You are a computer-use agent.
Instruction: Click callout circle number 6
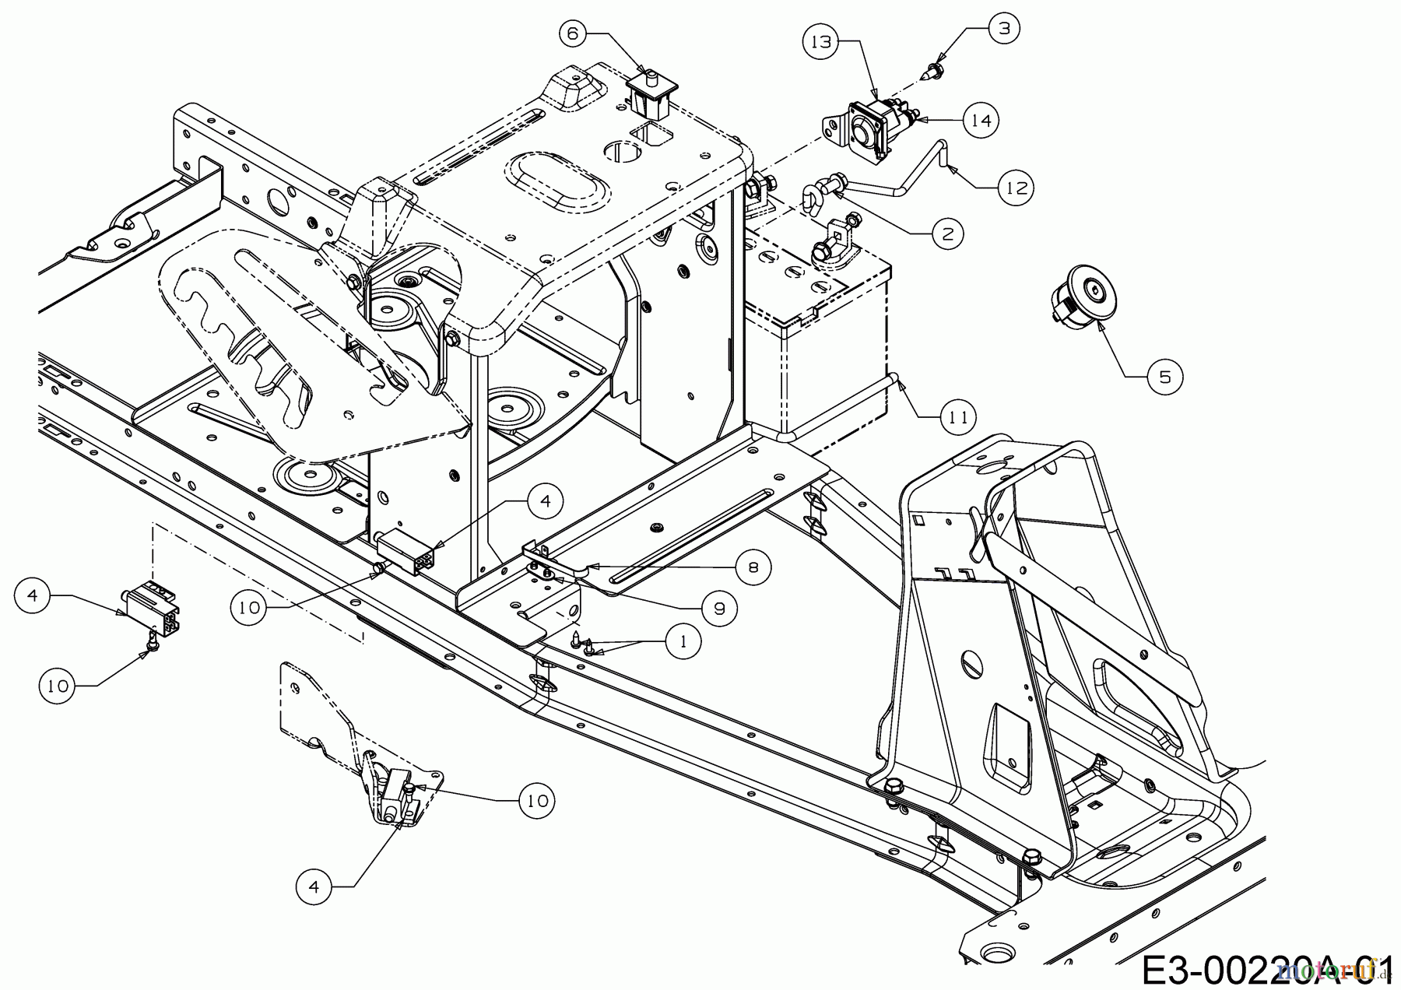click(x=573, y=33)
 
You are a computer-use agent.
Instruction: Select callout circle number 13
click(x=821, y=42)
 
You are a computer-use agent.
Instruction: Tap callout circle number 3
click(x=1004, y=29)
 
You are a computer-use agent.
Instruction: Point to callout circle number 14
click(x=981, y=121)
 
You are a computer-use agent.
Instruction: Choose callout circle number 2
click(x=947, y=233)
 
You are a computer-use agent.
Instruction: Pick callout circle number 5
click(x=1164, y=377)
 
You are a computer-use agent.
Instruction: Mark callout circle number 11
click(x=958, y=417)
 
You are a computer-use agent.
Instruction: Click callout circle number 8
click(x=753, y=567)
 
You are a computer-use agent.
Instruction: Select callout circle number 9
click(x=718, y=608)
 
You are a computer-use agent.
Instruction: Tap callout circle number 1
click(x=683, y=641)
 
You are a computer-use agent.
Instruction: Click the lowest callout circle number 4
click(x=314, y=886)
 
